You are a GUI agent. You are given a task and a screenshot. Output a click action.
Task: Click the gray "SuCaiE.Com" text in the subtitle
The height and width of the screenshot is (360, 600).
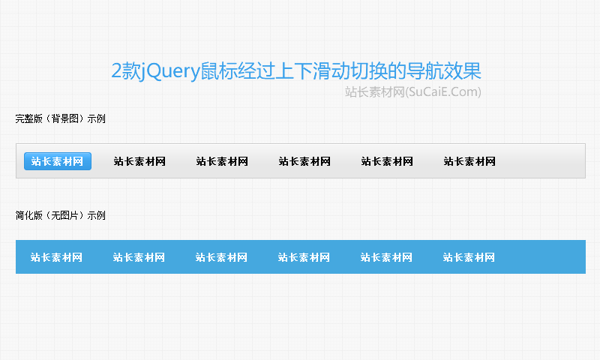tap(444, 92)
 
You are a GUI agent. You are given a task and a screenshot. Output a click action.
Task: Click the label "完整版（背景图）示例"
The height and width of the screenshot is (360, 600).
tap(61, 118)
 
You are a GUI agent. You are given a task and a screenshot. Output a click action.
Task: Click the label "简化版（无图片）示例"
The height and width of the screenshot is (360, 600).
tap(61, 215)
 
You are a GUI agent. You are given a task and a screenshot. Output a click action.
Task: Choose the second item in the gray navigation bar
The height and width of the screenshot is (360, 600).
tap(139, 161)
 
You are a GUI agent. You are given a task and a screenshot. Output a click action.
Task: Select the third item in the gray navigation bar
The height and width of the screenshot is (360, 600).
tap(222, 161)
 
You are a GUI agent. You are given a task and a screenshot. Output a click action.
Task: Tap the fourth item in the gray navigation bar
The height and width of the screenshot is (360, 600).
tap(304, 161)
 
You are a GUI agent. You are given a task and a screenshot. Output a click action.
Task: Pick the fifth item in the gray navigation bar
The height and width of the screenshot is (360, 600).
tap(387, 161)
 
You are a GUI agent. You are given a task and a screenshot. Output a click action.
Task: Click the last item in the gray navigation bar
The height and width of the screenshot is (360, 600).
tap(469, 161)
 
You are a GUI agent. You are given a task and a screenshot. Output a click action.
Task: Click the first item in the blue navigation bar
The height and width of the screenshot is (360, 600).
tap(56, 257)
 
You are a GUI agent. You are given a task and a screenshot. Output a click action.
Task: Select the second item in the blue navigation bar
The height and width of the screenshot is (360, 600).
tap(139, 257)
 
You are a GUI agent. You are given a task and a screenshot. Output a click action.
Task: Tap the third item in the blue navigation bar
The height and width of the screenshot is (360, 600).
tap(221, 257)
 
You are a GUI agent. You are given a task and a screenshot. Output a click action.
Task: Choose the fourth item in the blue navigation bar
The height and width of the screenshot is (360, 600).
tap(304, 257)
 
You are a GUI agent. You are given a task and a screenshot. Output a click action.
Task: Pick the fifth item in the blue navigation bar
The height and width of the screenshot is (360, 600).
tap(386, 257)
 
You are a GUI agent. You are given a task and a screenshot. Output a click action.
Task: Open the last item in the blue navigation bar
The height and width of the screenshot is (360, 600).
tap(469, 257)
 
